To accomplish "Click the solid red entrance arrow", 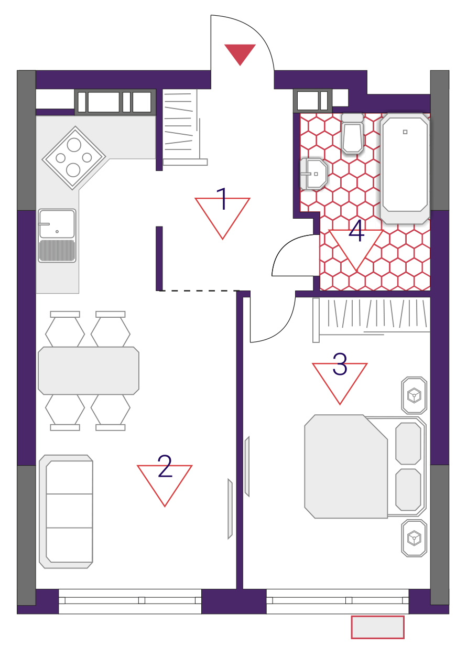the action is click(240, 54).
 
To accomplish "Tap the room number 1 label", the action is click(223, 199).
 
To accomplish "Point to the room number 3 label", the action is click(340, 364).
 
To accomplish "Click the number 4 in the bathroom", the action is click(356, 231).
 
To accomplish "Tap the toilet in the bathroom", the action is click(353, 133).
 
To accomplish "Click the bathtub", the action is click(405, 168).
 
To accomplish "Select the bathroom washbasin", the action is click(313, 174).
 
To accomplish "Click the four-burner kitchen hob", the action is click(74, 158).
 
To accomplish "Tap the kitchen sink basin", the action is click(57, 223).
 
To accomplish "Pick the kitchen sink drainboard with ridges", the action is click(57, 251).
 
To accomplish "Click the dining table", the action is click(89, 371).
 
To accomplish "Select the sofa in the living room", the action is click(66, 512).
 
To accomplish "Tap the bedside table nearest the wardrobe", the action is click(414, 395).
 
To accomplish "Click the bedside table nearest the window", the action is click(414, 538).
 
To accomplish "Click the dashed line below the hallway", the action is click(199, 291).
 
